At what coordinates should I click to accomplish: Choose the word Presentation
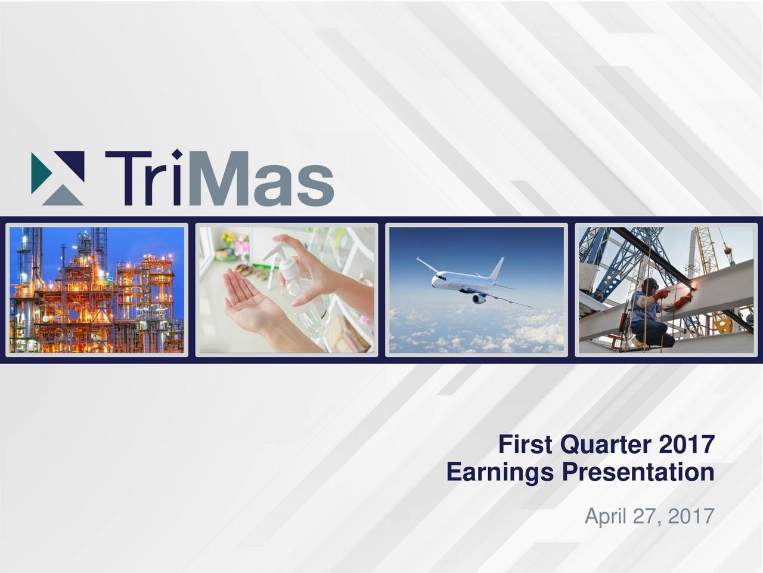[637, 473]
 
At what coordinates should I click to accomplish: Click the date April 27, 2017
[649, 515]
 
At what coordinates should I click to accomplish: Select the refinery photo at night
[97, 290]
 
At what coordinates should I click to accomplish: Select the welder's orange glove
[660, 295]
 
